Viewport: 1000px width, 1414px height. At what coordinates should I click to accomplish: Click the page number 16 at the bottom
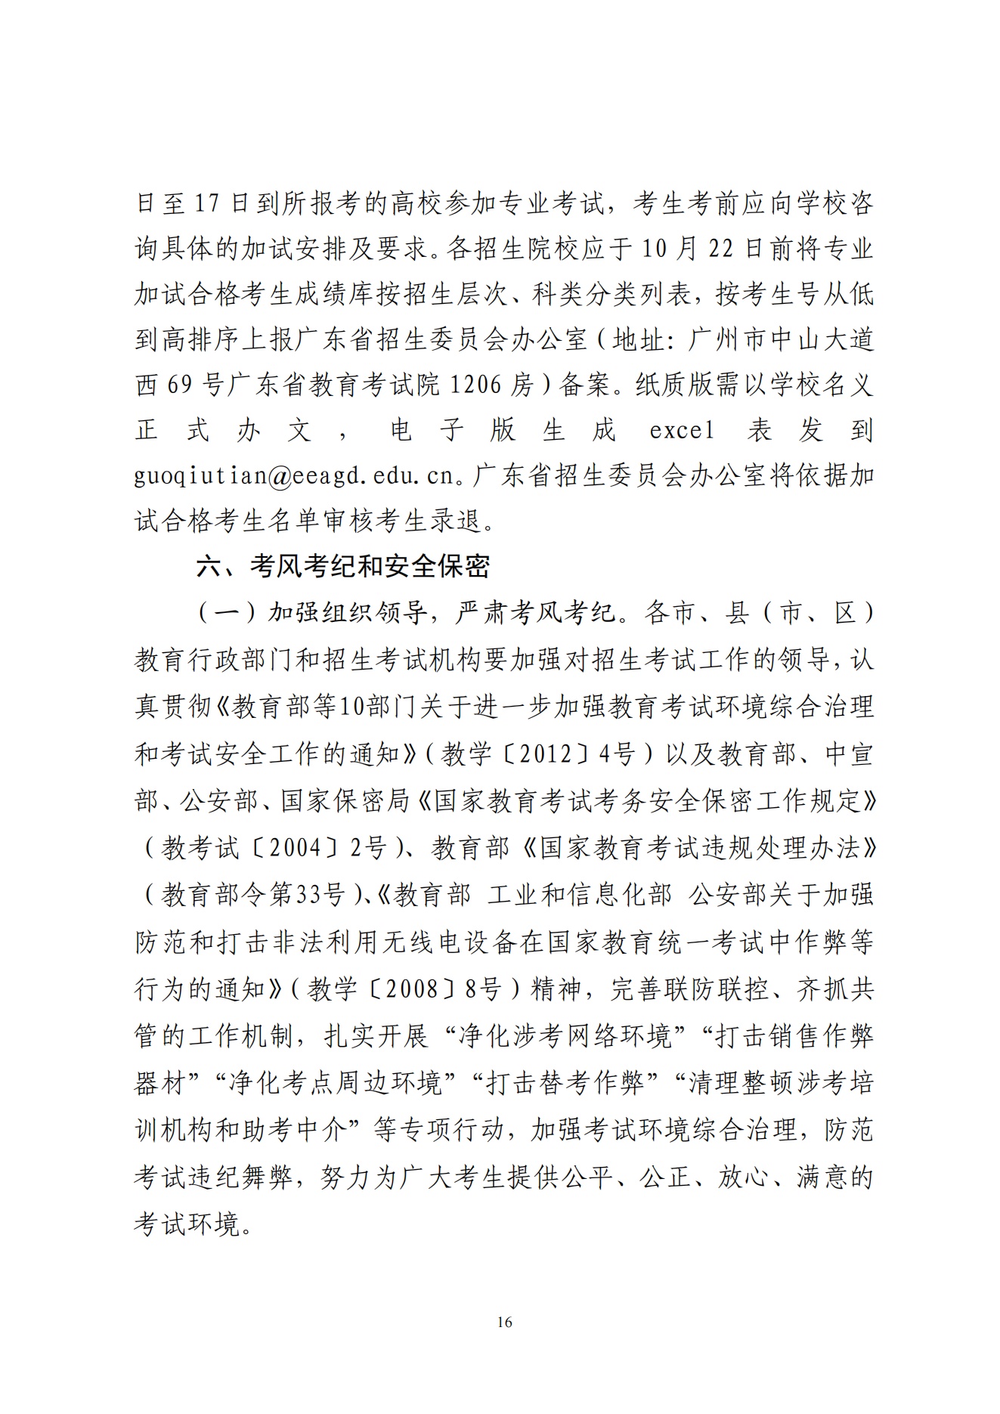(505, 1322)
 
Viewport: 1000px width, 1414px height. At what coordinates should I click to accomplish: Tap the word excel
(681, 431)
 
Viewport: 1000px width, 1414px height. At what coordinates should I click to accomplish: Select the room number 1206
(475, 385)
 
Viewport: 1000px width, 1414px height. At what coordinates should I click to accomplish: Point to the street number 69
(179, 385)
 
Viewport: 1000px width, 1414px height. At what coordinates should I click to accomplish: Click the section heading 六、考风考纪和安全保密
(343, 566)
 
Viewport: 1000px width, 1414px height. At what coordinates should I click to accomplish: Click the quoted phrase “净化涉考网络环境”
(565, 1036)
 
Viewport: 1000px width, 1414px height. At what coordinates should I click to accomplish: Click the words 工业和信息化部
(579, 895)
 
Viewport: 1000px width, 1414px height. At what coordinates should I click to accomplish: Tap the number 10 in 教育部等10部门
(351, 707)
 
